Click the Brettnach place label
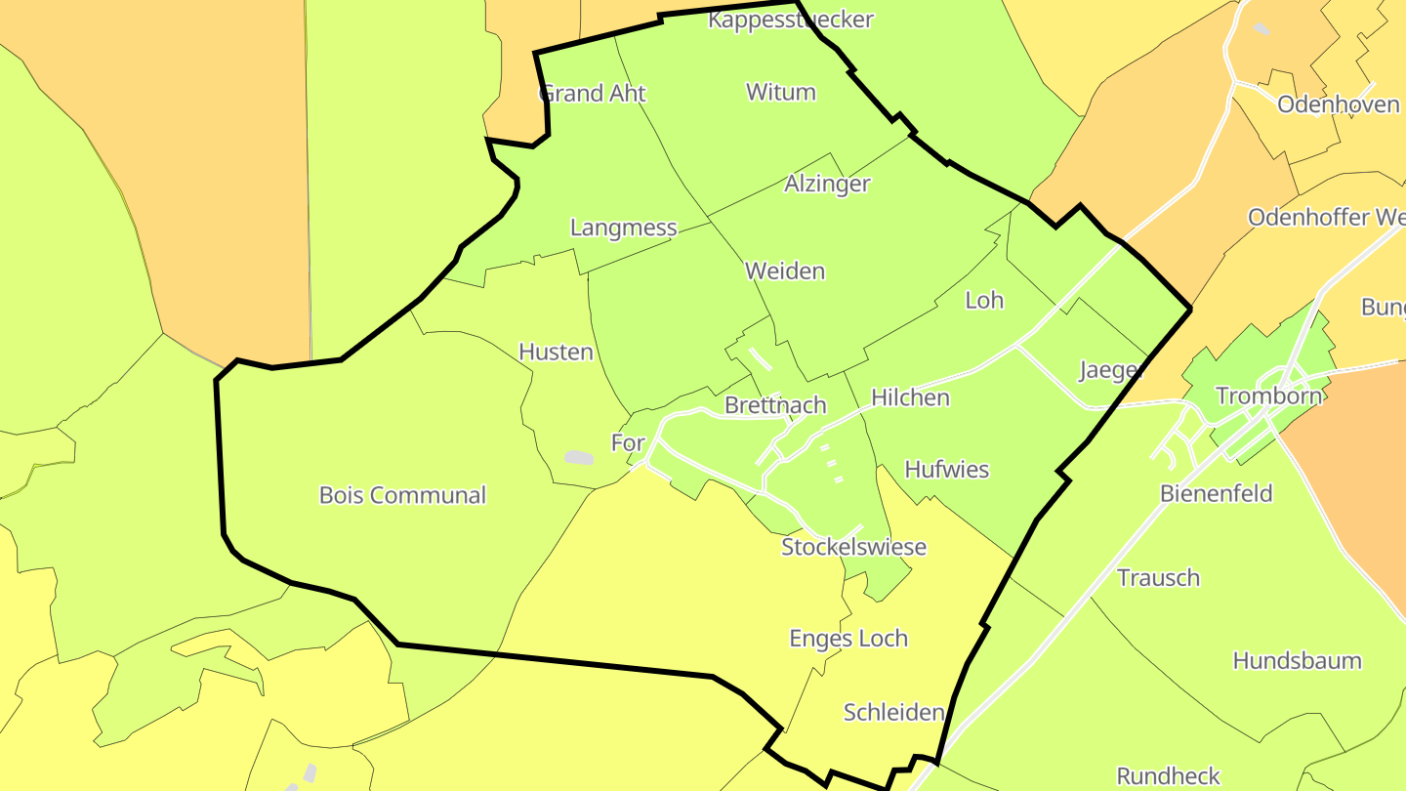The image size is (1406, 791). (x=775, y=405)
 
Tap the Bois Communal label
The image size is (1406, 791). (x=402, y=495)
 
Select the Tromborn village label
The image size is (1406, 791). (x=1268, y=395)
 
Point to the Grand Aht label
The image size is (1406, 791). (x=593, y=93)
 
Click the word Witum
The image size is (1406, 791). (x=780, y=92)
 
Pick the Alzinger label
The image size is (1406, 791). (x=827, y=184)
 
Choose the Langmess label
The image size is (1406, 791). (x=623, y=228)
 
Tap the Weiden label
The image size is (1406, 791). (x=785, y=271)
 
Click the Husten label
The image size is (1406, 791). (x=556, y=352)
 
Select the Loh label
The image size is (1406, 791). (x=983, y=300)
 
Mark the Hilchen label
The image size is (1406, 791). (x=910, y=397)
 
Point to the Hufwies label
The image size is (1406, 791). (x=946, y=469)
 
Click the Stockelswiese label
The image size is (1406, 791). (x=853, y=547)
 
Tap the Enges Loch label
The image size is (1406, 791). (x=848, y=639)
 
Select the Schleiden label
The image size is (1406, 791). (x=893, y=712)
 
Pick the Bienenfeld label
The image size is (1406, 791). (x=1216, y=493)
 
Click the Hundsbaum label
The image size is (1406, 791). (x=1297, y=660)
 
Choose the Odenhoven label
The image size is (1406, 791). (x=1338, y=104)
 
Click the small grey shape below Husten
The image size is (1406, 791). (x=579, y=457)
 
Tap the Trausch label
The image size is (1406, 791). (x=1158, y=577)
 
